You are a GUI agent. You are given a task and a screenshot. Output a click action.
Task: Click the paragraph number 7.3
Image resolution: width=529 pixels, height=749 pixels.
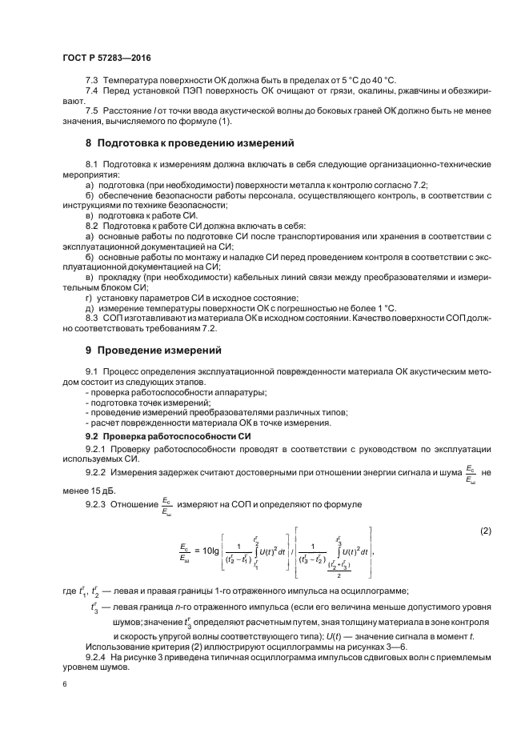(x=92, y=82)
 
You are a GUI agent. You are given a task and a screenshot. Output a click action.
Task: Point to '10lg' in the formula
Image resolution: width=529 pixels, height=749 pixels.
(x=214, y=551)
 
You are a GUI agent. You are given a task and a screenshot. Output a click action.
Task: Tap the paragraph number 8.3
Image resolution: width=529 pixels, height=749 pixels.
(x=92, y=318)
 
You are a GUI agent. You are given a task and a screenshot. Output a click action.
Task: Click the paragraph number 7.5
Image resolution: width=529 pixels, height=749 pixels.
(x=92, y=110)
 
